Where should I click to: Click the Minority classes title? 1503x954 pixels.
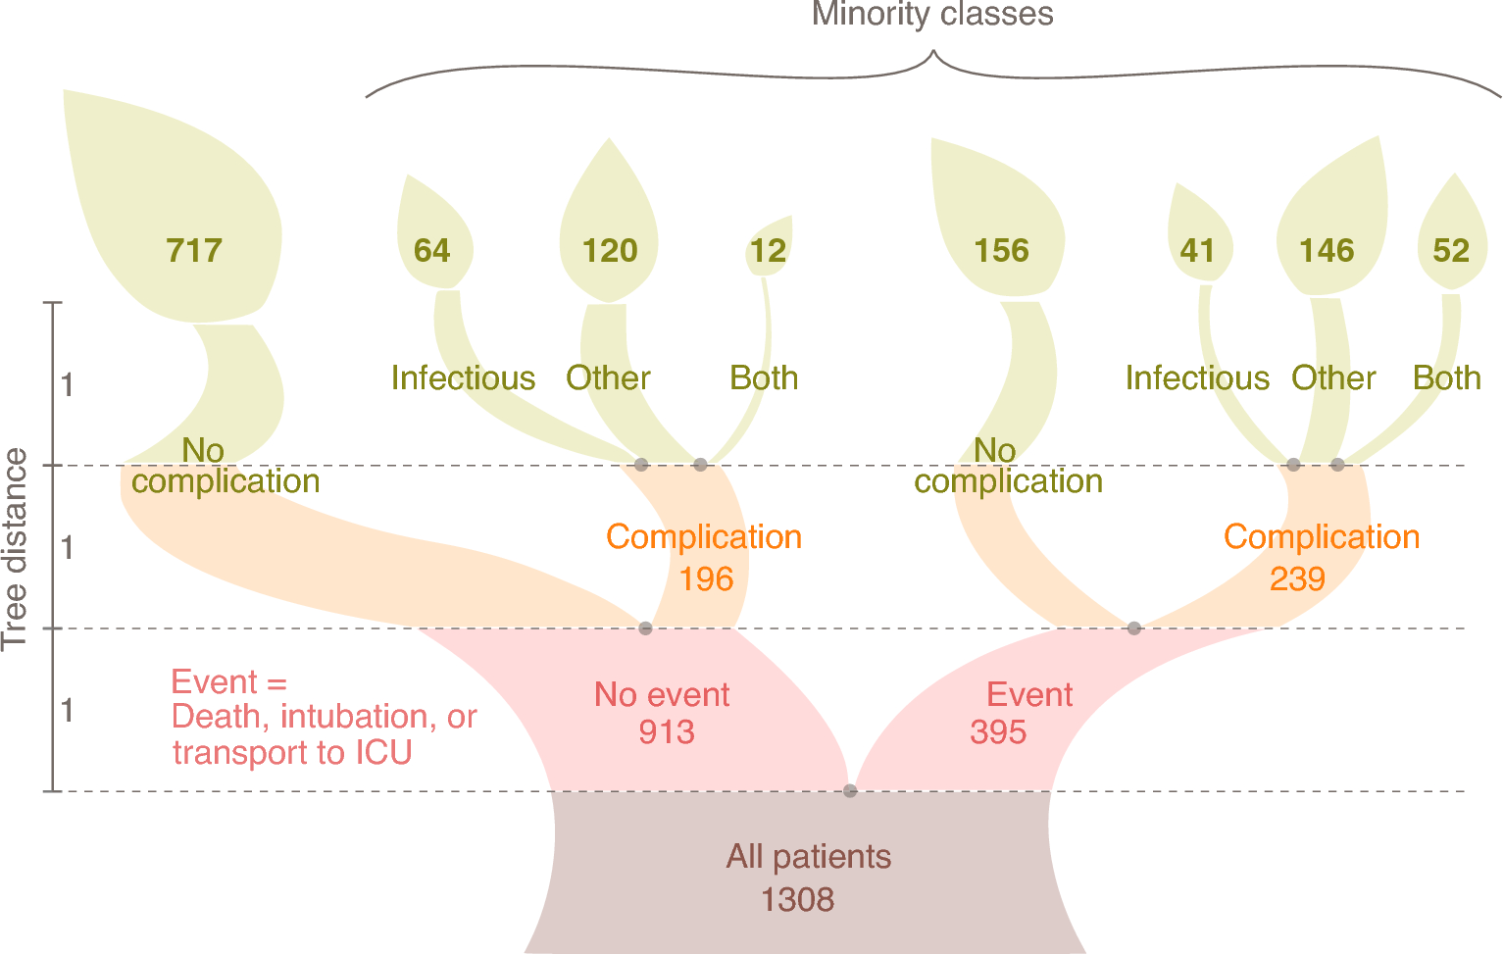tap(932, 15)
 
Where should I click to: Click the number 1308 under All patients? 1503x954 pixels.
tap(797, 899)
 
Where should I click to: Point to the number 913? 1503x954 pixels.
tap(667, 732)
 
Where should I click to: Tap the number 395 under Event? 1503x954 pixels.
tap(998, 732)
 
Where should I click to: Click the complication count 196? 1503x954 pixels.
tap(706, 579)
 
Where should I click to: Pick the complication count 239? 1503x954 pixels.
tap(1297, 579)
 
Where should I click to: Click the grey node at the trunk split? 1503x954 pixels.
tap(850, 790)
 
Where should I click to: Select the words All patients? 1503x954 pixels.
tap(808, 857)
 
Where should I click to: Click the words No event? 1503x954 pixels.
tap(662, 695)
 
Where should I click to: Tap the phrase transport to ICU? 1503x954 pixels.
tap(291, 752)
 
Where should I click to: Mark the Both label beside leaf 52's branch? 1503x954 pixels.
tap(1446, 378)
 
